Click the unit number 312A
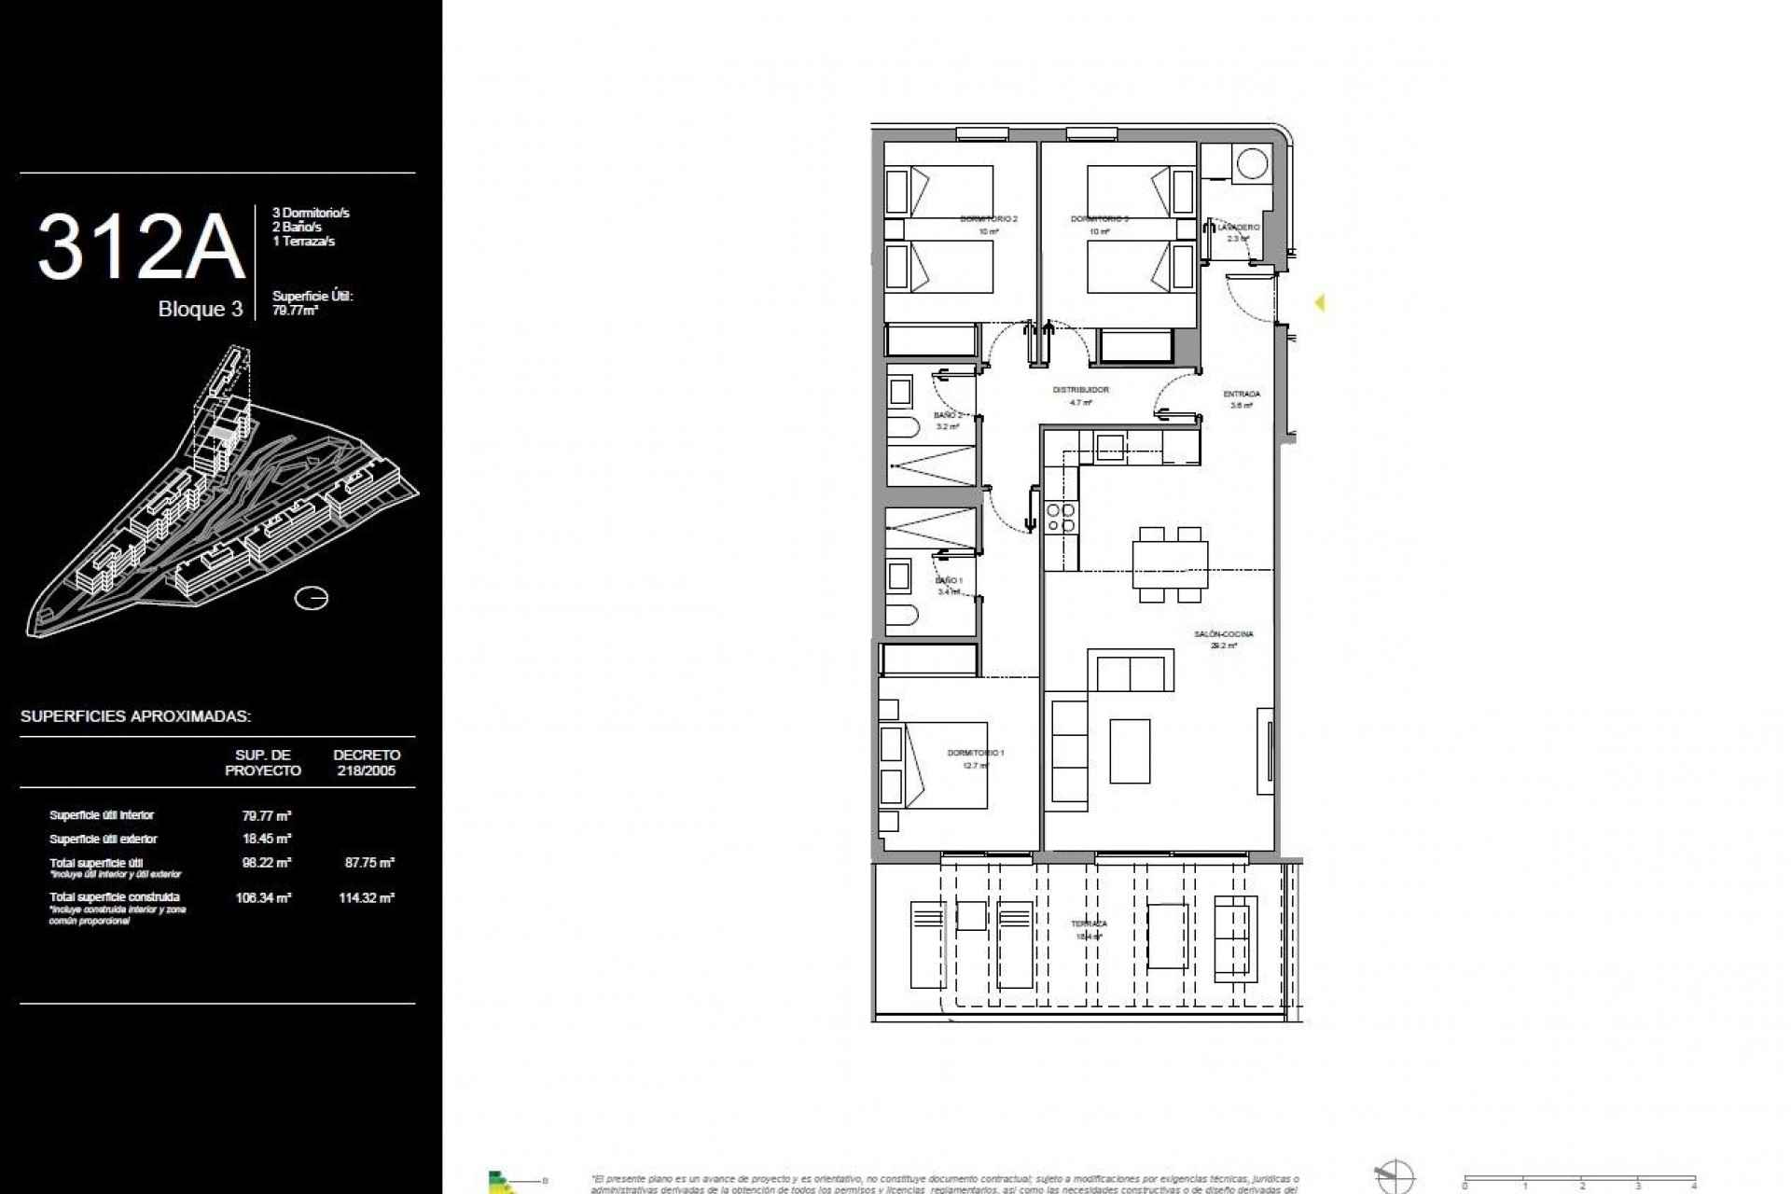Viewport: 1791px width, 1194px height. click(x=140, y=248)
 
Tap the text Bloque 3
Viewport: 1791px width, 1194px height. click(x=200, y=310)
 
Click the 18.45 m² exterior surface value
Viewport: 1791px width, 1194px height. click(x=267, y=840)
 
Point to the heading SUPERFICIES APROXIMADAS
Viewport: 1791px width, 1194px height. click(x=135, y=717)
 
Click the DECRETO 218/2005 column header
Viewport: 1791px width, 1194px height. click(x=367, y=762)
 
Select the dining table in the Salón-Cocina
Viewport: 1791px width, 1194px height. click(x=1171, y=564)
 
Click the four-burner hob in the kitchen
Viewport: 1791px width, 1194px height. click(x=1062, y=518)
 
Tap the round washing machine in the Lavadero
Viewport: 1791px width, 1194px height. click(x=1250, y=166)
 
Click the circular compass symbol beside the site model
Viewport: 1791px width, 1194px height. click(x=311, y=598)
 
